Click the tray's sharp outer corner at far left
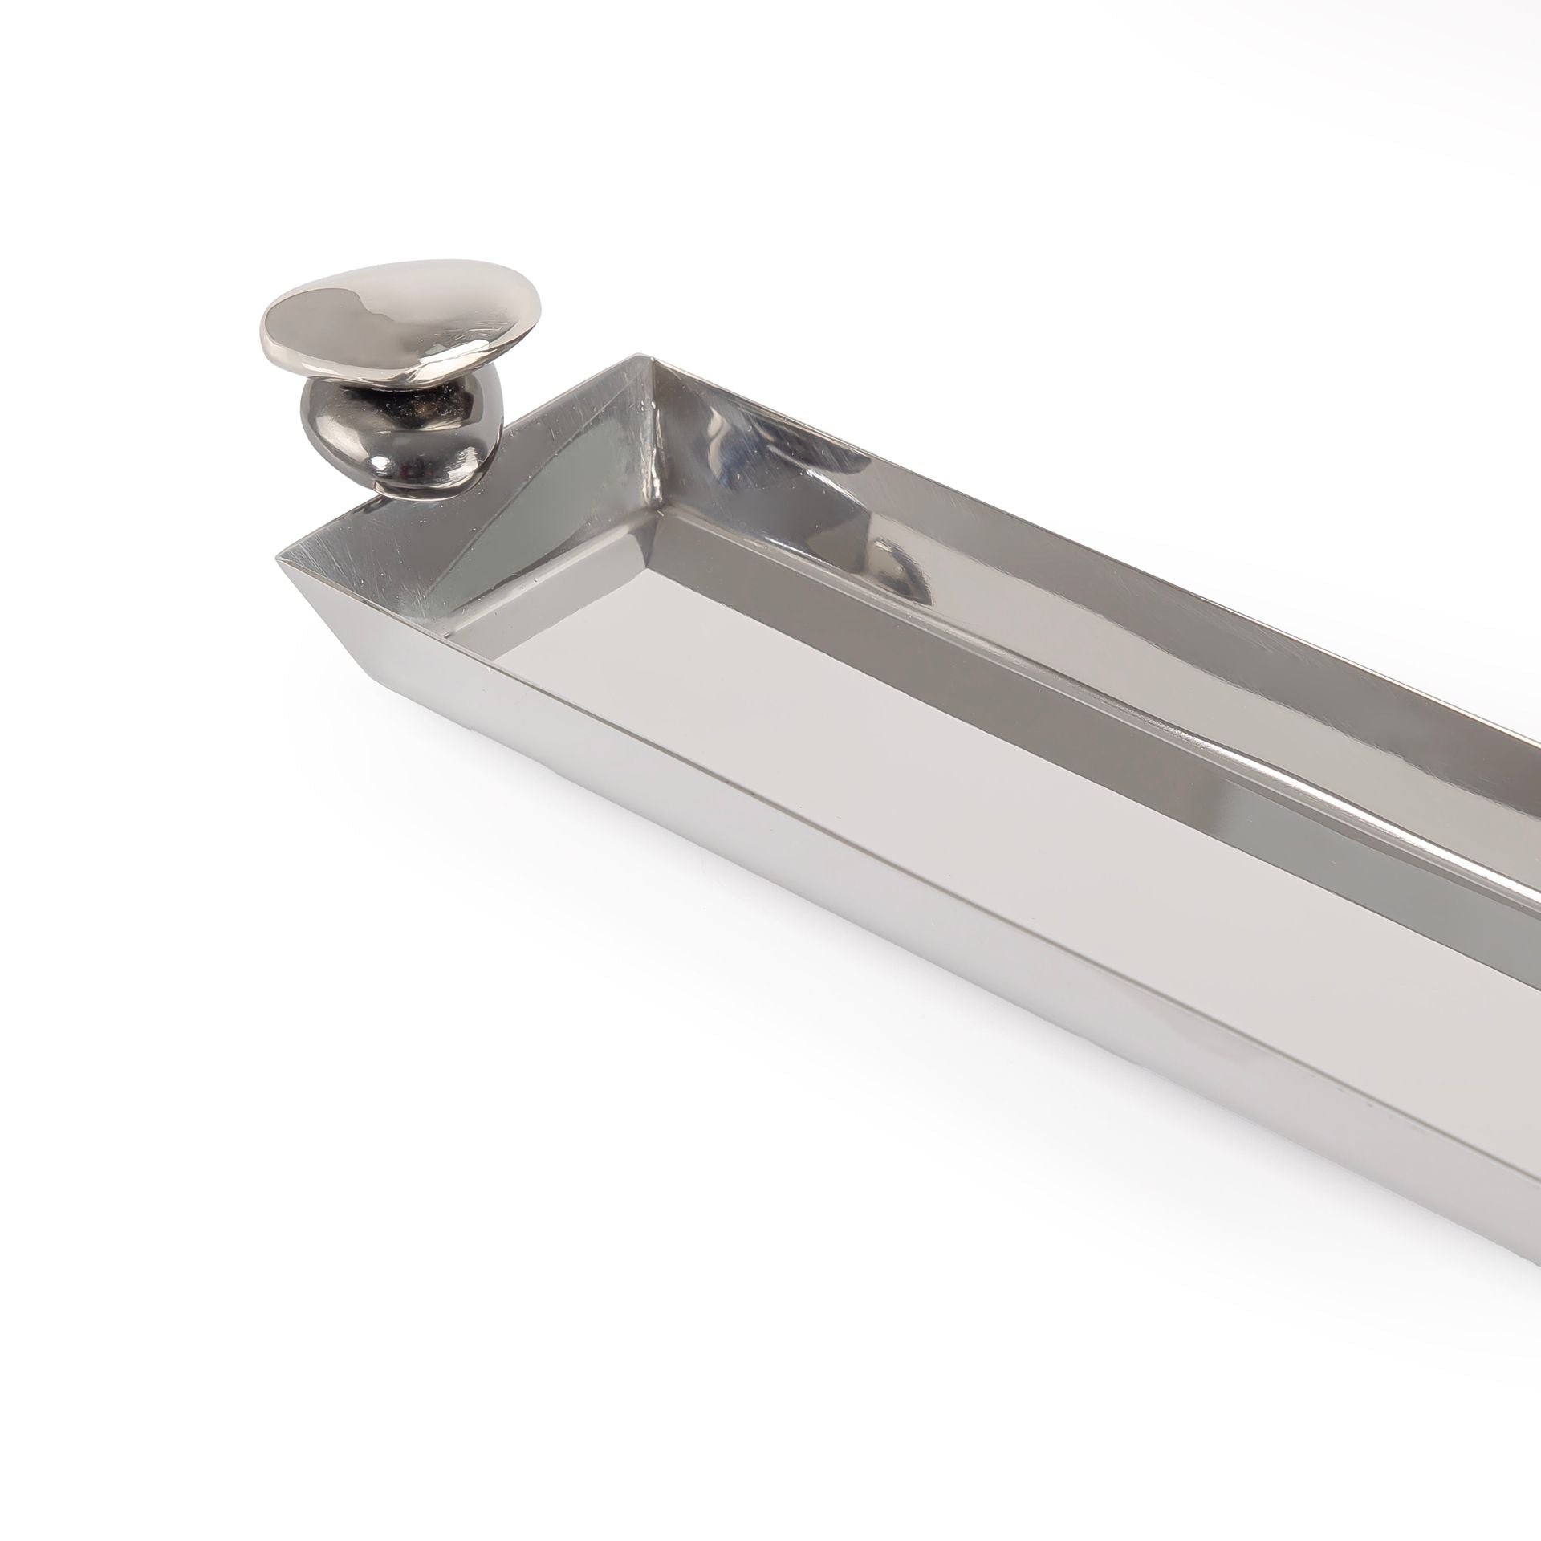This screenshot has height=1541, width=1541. coord(279,558)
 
